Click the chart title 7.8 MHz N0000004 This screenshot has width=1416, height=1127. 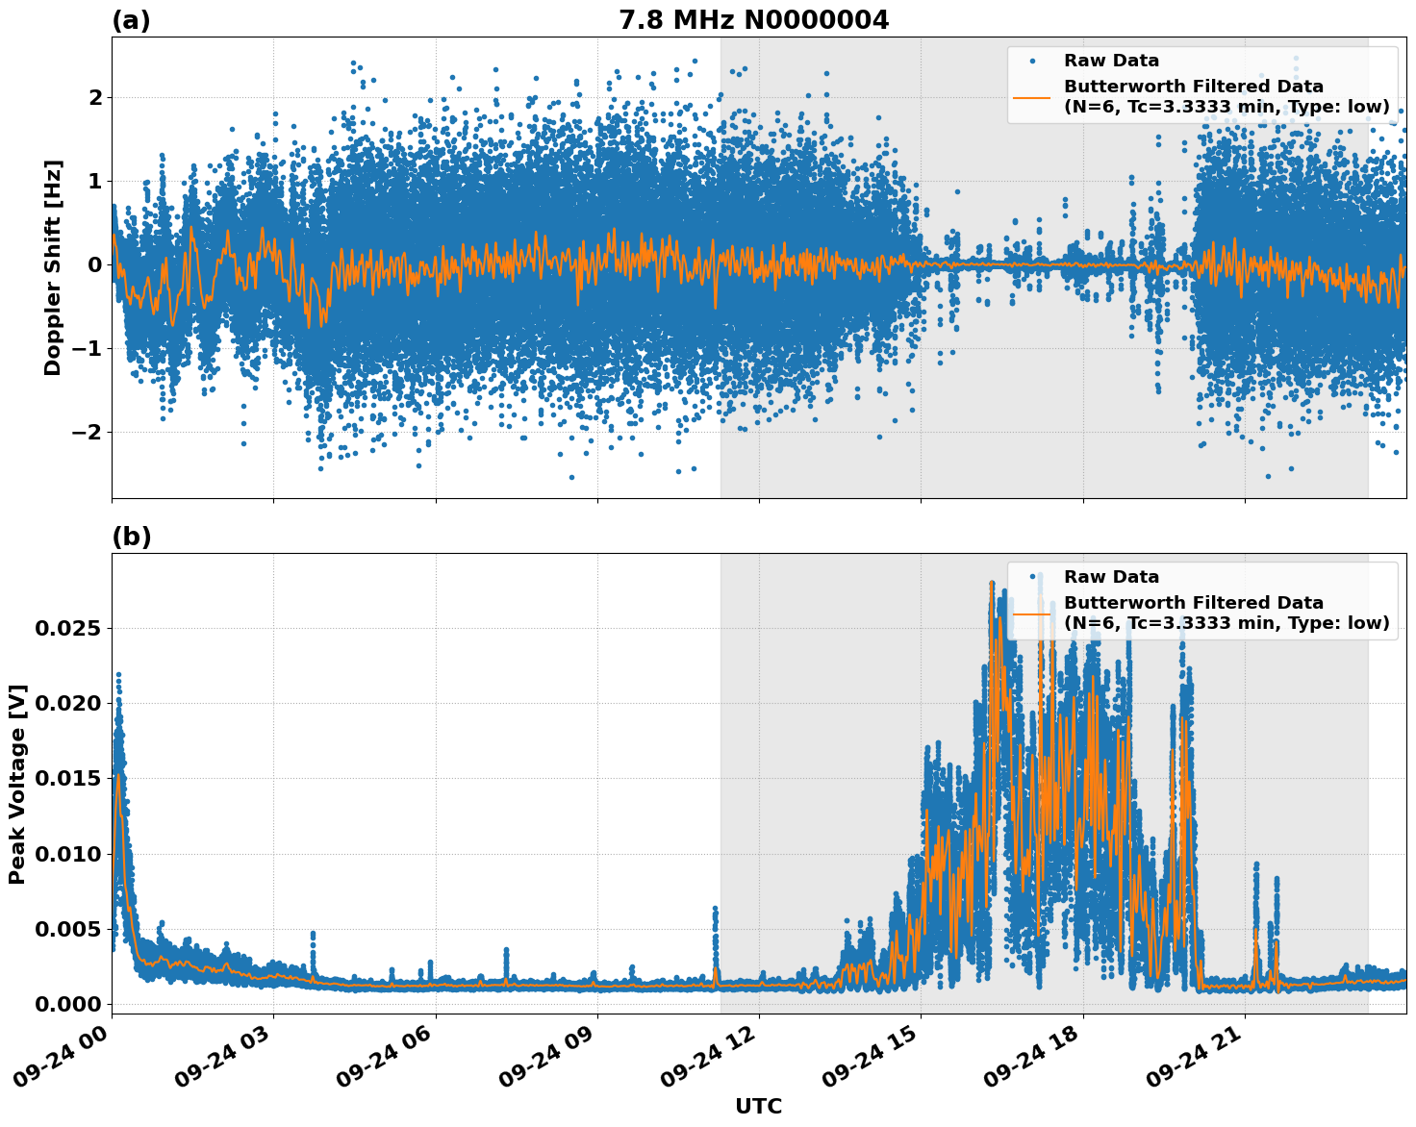click(753, 19)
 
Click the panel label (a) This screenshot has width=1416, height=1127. click(131, 20)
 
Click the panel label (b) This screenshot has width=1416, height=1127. click(131, 537)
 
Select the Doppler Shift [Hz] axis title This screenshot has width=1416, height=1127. click(53, 267)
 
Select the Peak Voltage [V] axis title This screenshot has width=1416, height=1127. click(17, 784)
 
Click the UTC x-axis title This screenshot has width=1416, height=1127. click(758, 1106)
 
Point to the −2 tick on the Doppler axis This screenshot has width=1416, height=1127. click(87, 432)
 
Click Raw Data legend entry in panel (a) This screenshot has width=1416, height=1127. click(1111, 61)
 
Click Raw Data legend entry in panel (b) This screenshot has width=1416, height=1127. click(1111, 577)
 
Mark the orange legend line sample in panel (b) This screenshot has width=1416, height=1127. click(1032, 613)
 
